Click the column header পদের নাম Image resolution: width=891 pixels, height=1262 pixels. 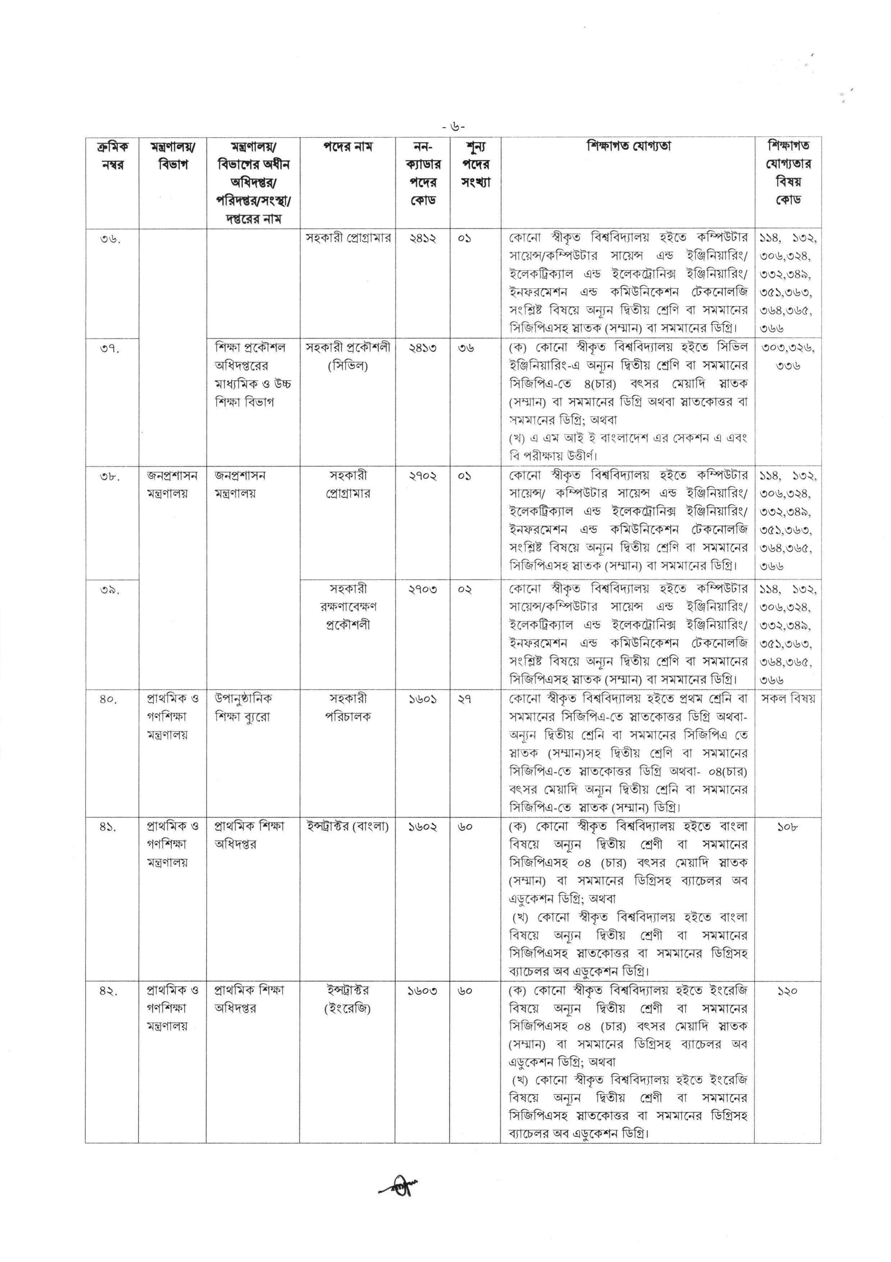click(x=347, y=147)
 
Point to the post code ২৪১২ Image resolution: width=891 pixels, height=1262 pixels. click(x=422, y=238)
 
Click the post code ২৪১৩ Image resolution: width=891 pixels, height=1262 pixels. click(x=422, y=348)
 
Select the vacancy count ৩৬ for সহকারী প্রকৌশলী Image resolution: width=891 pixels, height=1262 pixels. click(x=466, y=348)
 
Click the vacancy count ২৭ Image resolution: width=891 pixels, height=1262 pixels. click(x=465, y=699)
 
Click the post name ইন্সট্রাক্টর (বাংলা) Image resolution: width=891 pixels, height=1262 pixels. click(x=347, y=827)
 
